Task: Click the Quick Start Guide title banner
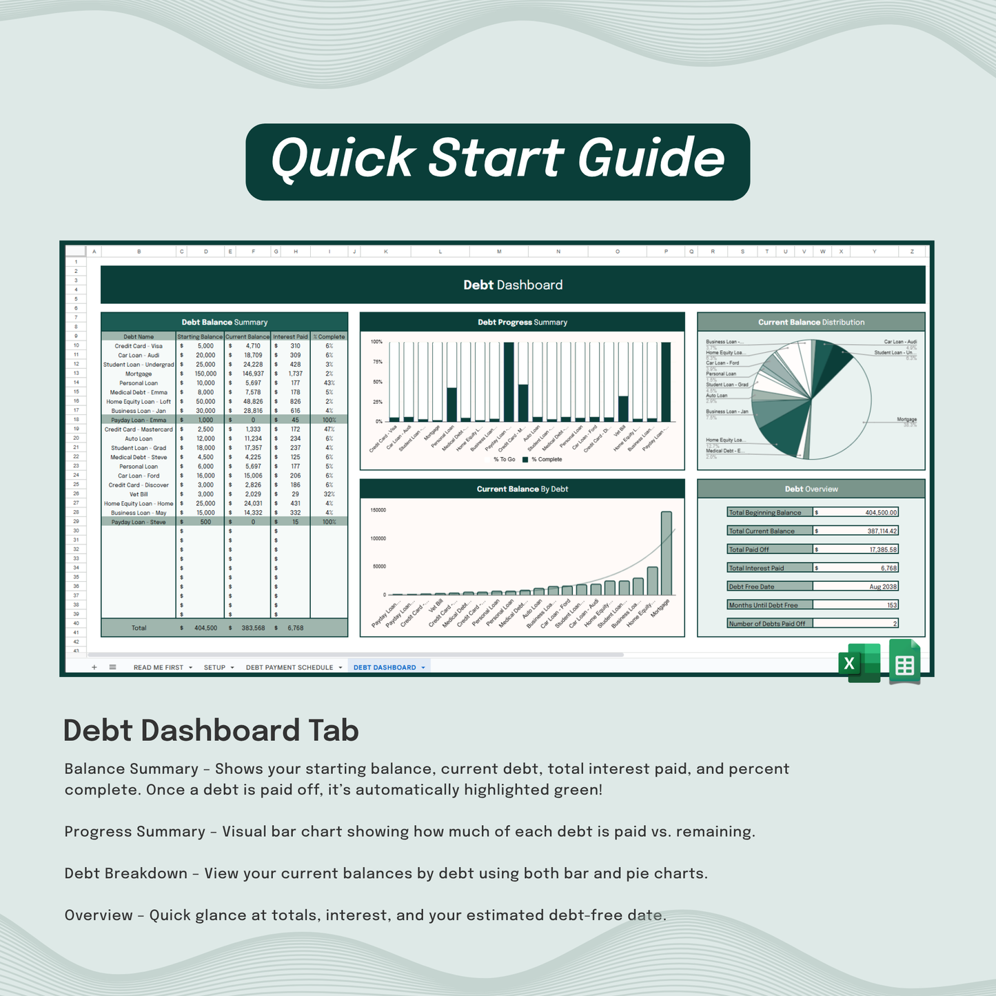498,161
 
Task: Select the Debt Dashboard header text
513,285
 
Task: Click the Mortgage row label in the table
139,374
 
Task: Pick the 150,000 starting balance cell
205,374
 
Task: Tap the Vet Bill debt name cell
139,494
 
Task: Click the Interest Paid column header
290,337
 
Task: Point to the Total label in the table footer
139,628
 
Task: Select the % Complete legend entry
546,459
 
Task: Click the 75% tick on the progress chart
378,362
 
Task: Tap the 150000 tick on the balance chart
378,510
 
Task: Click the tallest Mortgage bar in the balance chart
666,553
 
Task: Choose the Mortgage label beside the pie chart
906,419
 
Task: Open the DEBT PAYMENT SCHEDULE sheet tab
289,667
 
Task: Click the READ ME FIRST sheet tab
159,667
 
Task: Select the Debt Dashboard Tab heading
211,731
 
